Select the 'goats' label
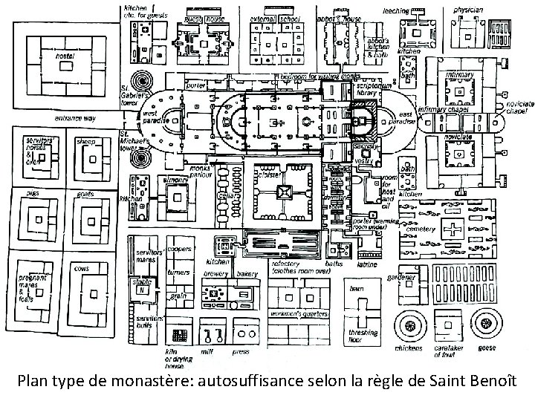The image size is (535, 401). tap(84, 192)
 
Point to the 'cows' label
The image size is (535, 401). tap(82, 268)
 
